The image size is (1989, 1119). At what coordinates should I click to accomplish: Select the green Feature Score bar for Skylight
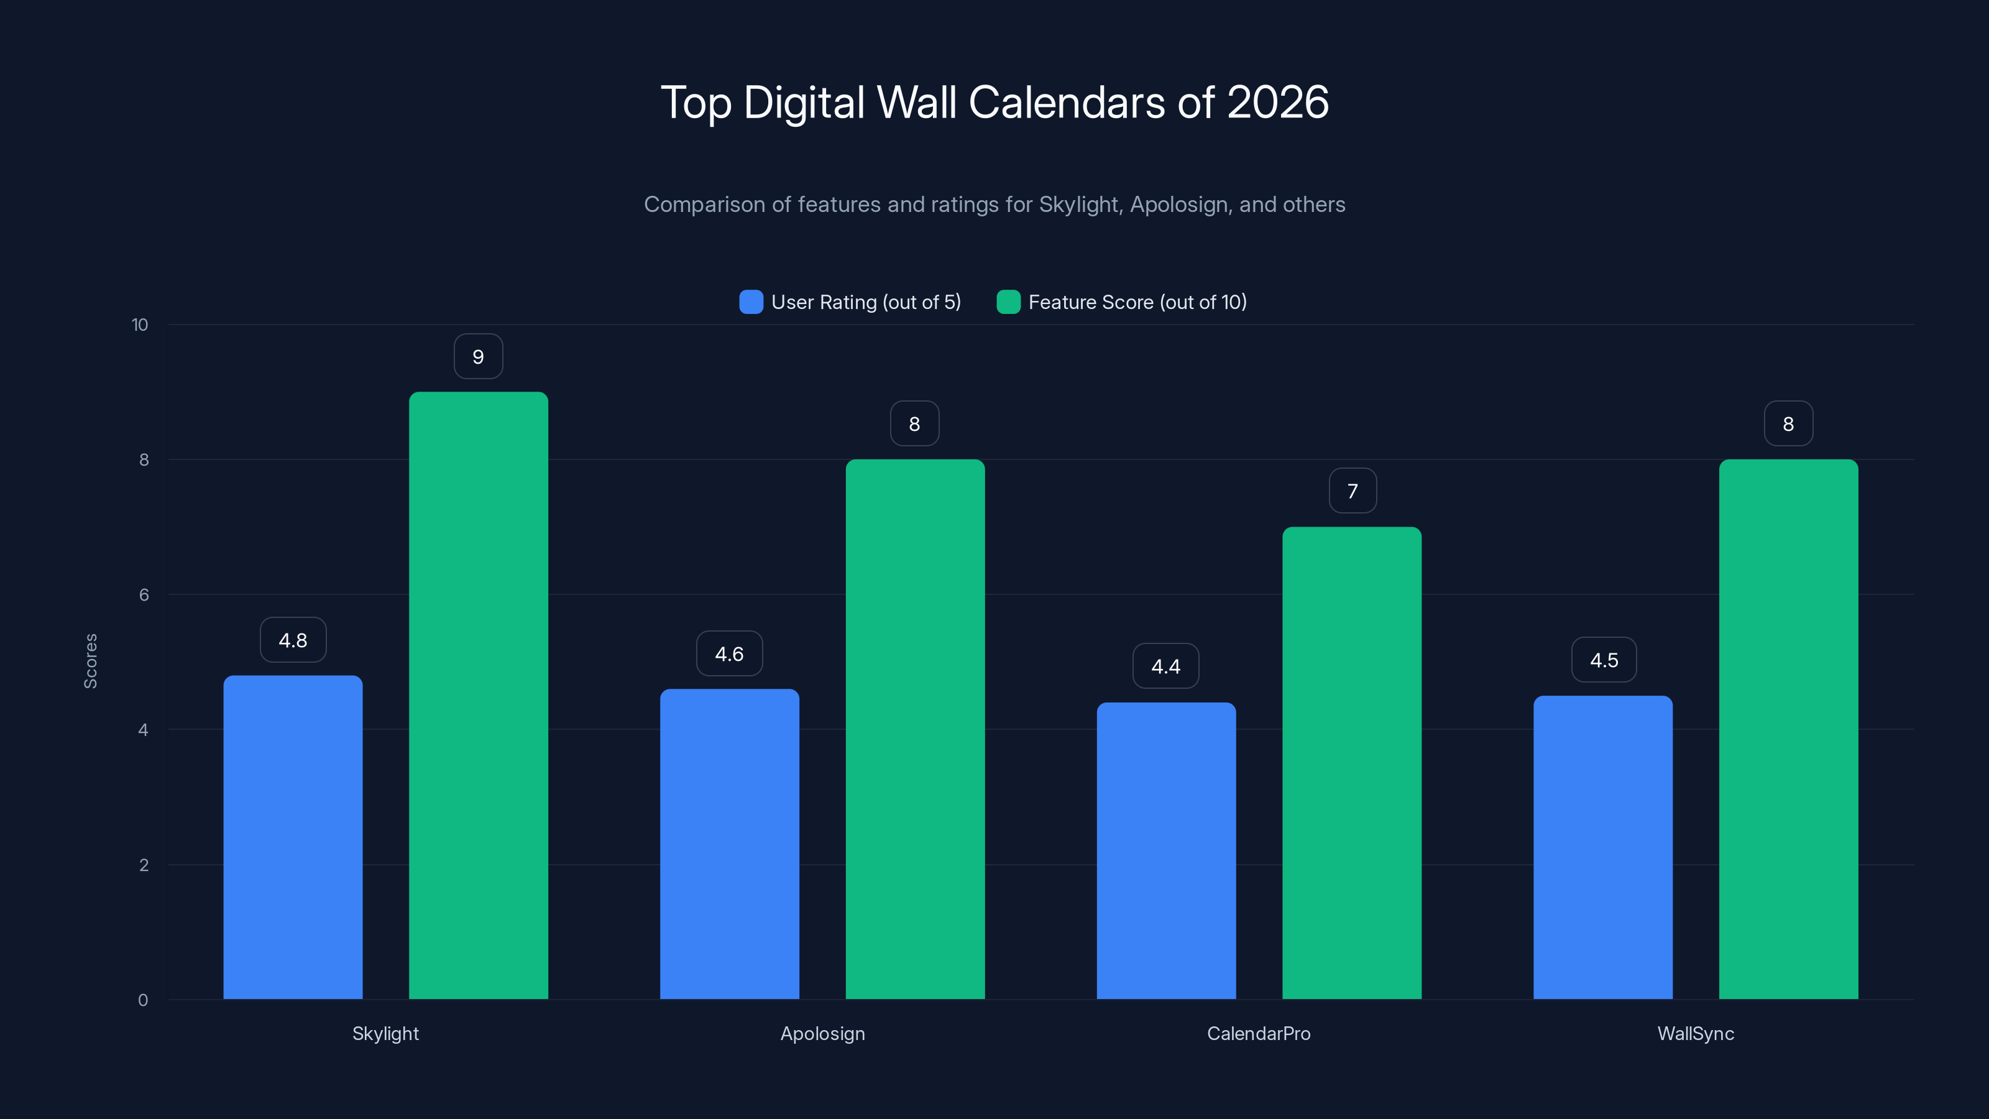click(478, 695)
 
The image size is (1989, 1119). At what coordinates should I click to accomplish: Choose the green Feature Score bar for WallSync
click(1788, 729)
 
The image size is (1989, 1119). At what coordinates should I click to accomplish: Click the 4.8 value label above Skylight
click(293, 640)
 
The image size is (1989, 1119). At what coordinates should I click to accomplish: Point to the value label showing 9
click(478, 357)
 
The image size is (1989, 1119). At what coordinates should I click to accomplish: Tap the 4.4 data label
click(1165, 666)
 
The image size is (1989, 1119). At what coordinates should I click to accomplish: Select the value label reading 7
click(1352, 491)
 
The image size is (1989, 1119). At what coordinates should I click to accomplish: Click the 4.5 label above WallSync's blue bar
click(1604, 660)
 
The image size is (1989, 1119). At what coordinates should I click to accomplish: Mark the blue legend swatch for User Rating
click(750, 302)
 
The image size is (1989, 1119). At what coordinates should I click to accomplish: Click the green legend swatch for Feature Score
click(1008, 302)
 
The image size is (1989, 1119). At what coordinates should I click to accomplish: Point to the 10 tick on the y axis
click(140, 325)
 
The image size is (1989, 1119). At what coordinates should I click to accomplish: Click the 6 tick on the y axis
click(144, 595)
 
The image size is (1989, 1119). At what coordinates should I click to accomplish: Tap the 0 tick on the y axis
click(143, 1000)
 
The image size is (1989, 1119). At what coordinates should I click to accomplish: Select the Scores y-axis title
click(90, 661)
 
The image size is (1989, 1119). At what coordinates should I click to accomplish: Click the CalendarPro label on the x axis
click(1259, 1033)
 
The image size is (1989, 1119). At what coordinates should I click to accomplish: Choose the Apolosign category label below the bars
click(822, 1033)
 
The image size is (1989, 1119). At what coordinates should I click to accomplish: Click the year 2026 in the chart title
click(1277, 103)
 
